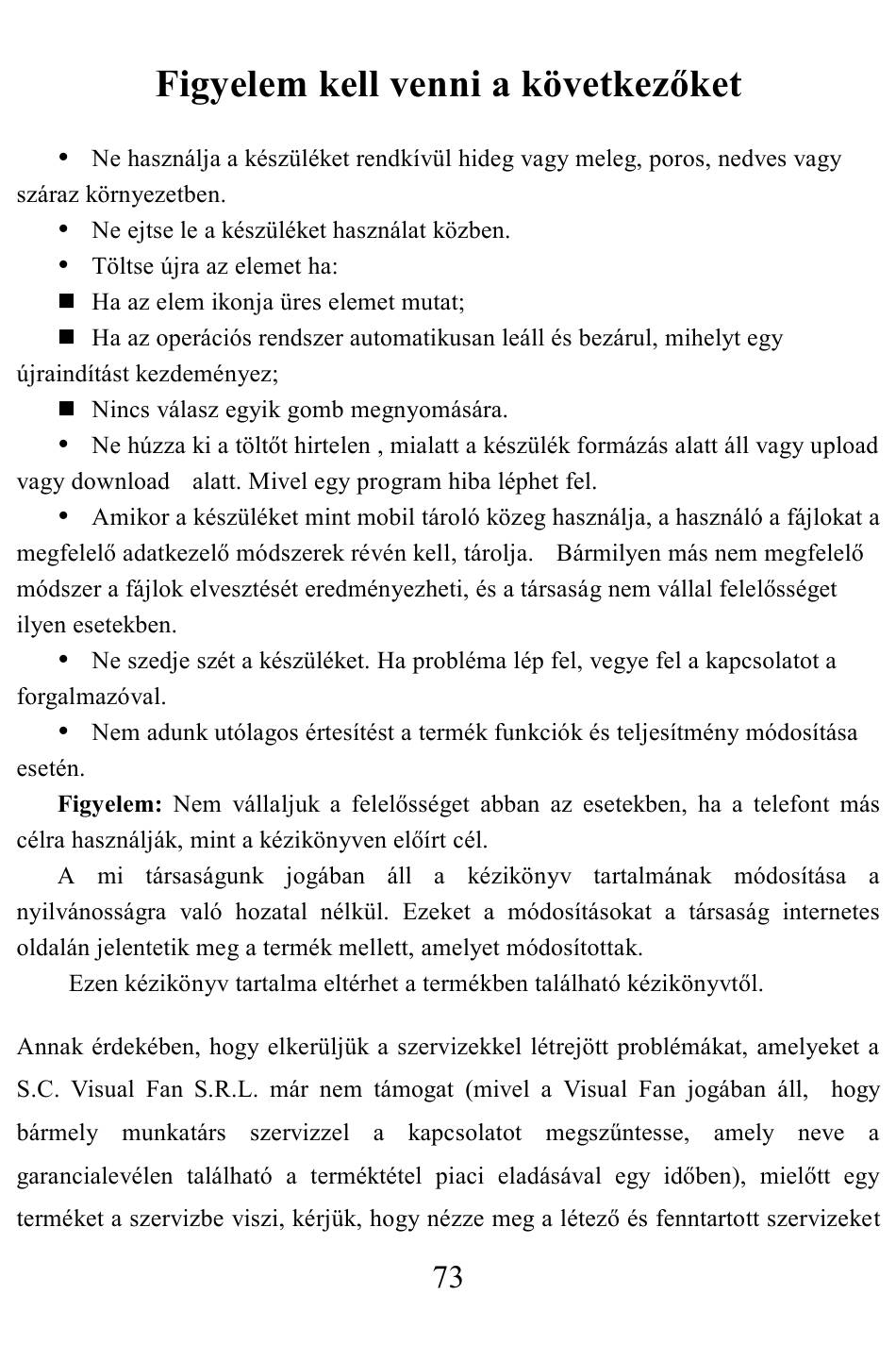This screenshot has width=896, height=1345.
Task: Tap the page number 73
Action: pos(448,1278)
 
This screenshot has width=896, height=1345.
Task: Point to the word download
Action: pos(121,481)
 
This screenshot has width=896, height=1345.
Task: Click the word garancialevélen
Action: pos(94,1176)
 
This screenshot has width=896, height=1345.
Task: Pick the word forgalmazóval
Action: pos(91,697)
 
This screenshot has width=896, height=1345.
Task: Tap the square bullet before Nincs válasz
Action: pos(66,409)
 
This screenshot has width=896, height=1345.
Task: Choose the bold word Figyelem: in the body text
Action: pos(110,804)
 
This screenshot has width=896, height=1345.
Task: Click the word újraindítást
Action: pos(75,374)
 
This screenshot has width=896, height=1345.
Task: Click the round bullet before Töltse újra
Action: pos(65,265)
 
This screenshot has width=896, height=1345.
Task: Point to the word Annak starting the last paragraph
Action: pos(50,1046)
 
